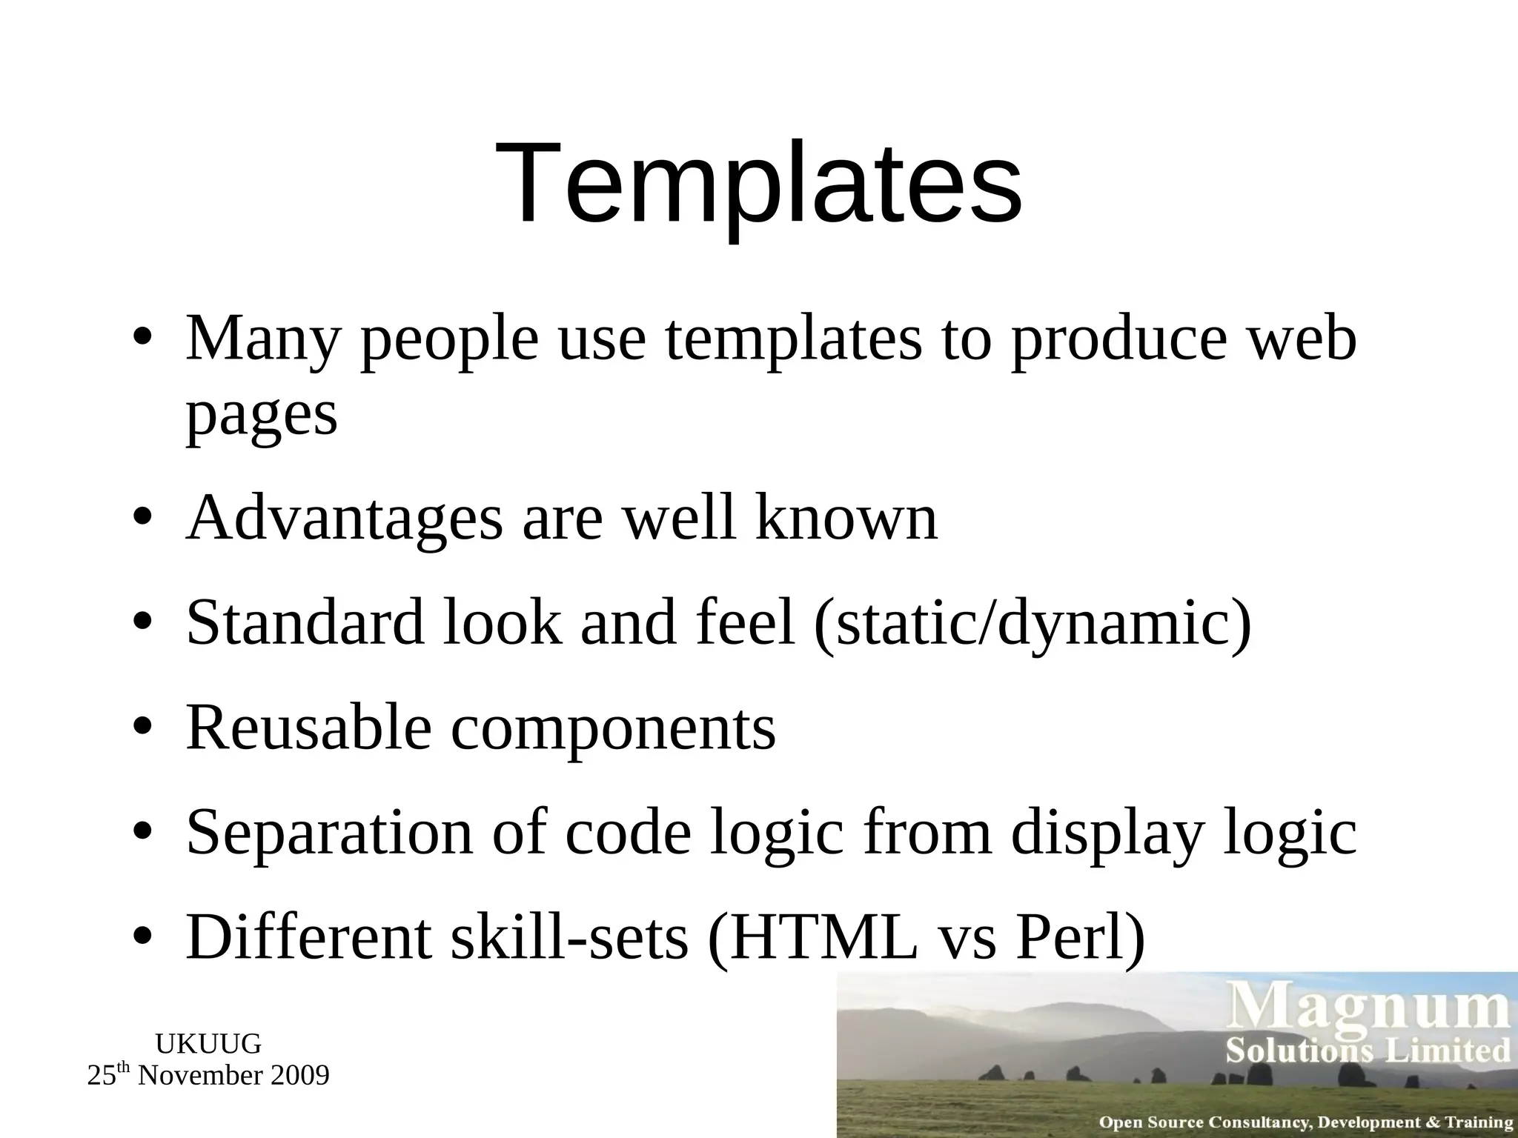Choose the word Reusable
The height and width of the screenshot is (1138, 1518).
tap(308, 728)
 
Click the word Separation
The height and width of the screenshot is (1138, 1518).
tap(329, 833)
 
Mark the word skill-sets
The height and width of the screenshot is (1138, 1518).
tap(569, 938)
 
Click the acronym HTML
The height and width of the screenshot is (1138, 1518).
tap(813, 938)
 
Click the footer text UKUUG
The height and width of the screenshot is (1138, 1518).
tap(208, 1044)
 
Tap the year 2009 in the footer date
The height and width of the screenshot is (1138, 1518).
tap(299, 1076)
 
